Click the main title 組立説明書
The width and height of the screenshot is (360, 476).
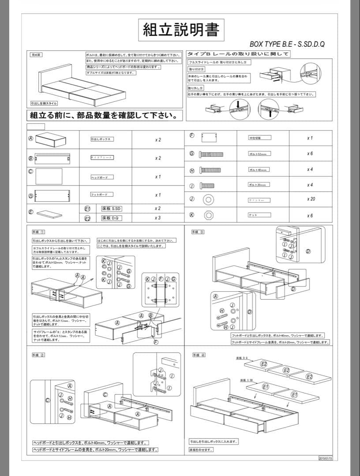point(180,29)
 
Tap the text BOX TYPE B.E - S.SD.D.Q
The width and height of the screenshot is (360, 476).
point(287,44)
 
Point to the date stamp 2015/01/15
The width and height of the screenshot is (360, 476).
point(325,458)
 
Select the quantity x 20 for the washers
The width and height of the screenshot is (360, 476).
point(311,199)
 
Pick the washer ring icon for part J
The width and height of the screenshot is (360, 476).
point(209,200)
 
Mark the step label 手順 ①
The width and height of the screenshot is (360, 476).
point(38,231)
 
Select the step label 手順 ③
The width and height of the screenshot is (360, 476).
point(198,231)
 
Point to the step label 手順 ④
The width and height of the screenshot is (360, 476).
point(198,355)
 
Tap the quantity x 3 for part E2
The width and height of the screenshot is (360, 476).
point(157,218)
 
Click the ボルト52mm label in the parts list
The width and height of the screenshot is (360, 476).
point(258,154)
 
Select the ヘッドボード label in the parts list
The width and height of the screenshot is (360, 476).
point(102,177)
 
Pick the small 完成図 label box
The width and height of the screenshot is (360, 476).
point(36,55)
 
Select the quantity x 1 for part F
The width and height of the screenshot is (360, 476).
point(310,138)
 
